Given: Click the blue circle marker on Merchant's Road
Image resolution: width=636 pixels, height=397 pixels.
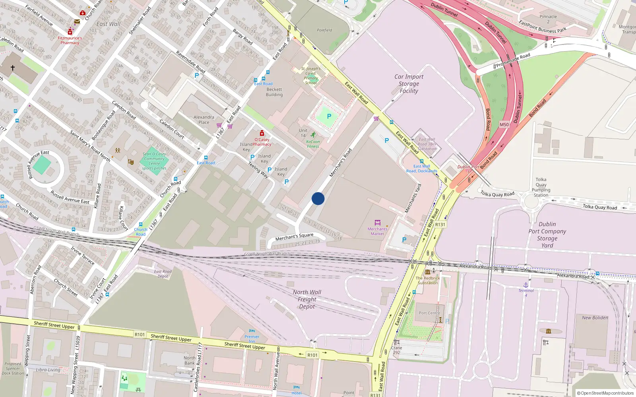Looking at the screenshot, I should (318, 198).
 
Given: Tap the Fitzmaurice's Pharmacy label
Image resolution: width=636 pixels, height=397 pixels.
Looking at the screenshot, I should (70, 40).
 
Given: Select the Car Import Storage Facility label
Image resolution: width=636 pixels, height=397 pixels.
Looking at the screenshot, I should (409, 84).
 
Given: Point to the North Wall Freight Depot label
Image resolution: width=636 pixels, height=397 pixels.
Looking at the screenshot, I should (307, 299).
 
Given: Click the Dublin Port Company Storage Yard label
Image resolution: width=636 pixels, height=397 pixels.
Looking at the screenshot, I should (547, 235).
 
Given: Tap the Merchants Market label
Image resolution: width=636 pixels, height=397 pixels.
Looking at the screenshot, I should (377, 231).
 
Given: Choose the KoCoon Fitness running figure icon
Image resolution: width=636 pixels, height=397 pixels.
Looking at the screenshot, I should (313, 135).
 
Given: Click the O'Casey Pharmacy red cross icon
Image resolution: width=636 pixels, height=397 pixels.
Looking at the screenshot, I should (262, 133).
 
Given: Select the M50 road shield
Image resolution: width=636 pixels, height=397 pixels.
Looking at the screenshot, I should (504, 125).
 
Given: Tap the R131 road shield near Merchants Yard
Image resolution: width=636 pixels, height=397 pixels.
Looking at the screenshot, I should (440, 225).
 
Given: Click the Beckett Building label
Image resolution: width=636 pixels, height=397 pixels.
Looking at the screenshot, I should (274, 92).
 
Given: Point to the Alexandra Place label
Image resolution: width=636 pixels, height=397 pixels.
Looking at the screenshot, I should (204, 119).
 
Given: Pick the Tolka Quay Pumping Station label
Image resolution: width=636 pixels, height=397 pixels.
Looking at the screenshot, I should (541, 187).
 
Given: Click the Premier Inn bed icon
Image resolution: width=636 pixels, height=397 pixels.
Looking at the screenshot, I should (252, 331).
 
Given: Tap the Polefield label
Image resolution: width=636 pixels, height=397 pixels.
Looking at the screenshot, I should (324, 30).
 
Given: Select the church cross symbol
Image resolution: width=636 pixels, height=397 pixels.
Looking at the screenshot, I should (13, 68).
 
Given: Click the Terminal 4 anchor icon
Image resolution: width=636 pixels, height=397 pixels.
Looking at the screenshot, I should (526, 285).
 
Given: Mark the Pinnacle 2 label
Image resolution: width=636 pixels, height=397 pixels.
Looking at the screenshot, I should (548, 19).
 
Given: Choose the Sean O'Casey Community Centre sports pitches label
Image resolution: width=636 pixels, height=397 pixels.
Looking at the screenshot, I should (154, 161).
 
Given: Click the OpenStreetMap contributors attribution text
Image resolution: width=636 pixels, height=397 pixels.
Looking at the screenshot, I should (605, 393).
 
